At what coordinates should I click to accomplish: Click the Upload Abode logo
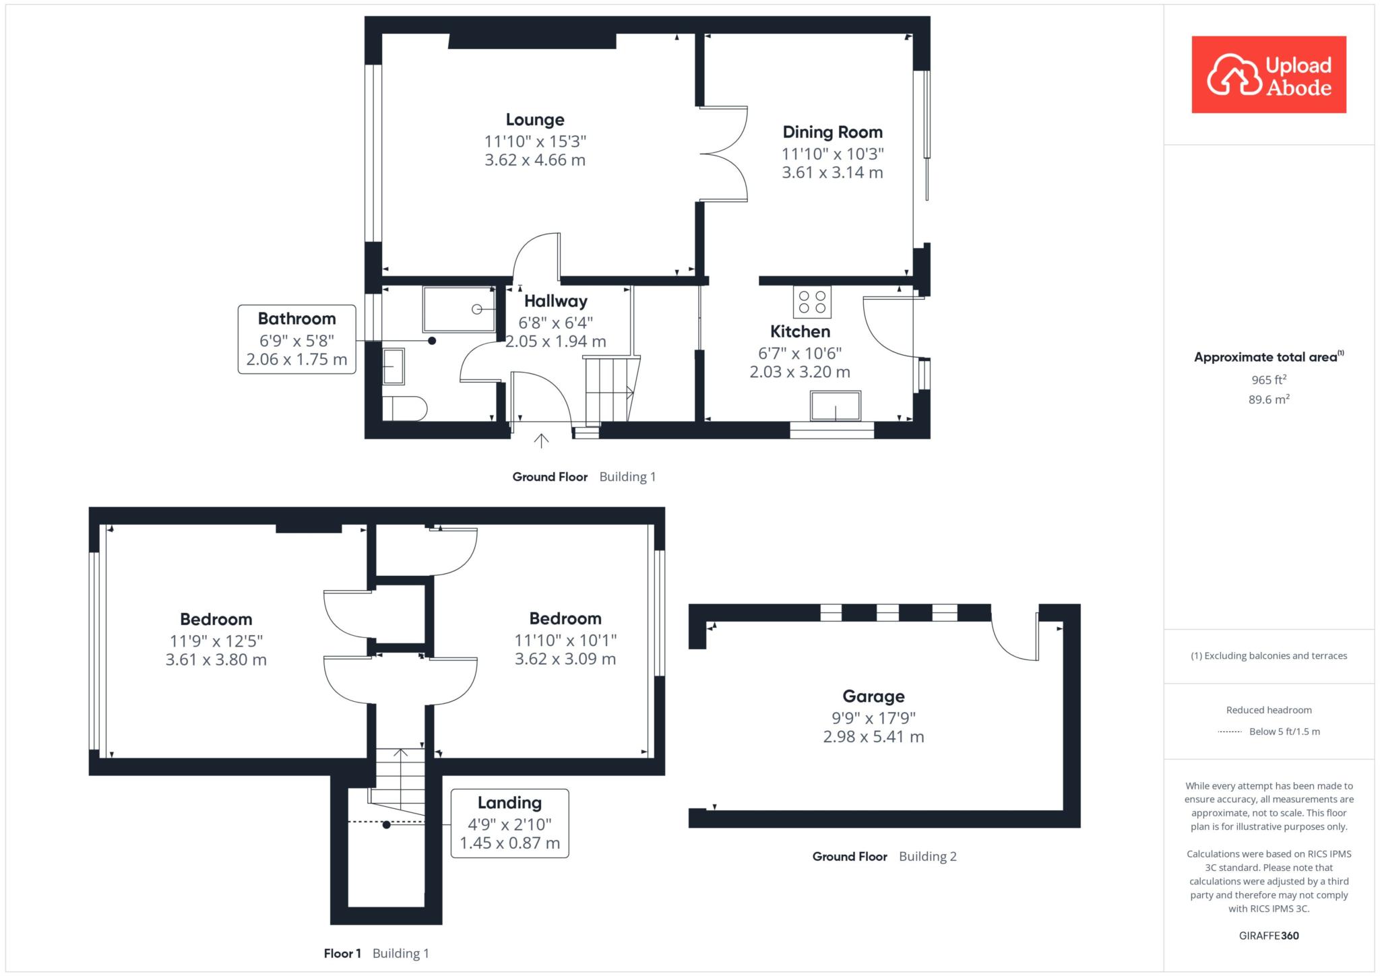1269,74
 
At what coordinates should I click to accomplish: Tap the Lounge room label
535,120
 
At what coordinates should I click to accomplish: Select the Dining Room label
832,132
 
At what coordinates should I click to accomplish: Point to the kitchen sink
836,406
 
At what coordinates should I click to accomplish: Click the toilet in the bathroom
404,409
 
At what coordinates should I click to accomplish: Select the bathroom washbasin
394,366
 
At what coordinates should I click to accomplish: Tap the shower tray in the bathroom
459,308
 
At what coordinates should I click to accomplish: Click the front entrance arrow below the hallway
541,441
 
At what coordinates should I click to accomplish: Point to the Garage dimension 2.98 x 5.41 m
873,737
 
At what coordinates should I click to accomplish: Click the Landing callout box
509,823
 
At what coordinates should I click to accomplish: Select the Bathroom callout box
296,339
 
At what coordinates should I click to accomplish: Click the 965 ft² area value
1269,380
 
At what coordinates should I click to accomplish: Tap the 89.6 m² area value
1269,399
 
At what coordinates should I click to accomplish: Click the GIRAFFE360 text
1269,936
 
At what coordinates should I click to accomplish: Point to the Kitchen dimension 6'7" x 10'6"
800,353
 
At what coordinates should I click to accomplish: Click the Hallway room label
556,301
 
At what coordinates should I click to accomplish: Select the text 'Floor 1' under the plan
342,953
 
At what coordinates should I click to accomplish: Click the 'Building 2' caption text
928,857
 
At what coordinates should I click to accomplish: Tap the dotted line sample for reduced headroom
1230,731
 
